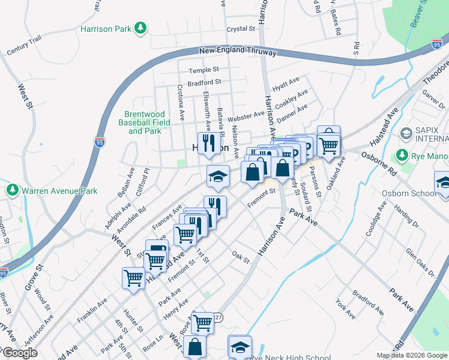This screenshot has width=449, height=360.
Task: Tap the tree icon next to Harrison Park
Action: point(140,28)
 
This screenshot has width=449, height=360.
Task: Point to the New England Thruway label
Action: point(238,52)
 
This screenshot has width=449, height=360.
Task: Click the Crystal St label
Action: point(241,29)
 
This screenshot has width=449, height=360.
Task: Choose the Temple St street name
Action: point(203,70)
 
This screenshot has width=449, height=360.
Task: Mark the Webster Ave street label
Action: point(246,115)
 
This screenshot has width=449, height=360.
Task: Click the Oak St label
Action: point(240,256)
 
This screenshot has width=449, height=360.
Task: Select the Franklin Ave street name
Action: point(91,310)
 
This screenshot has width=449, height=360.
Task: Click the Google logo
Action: point(20,353)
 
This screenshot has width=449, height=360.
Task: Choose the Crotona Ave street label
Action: point(180,96)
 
